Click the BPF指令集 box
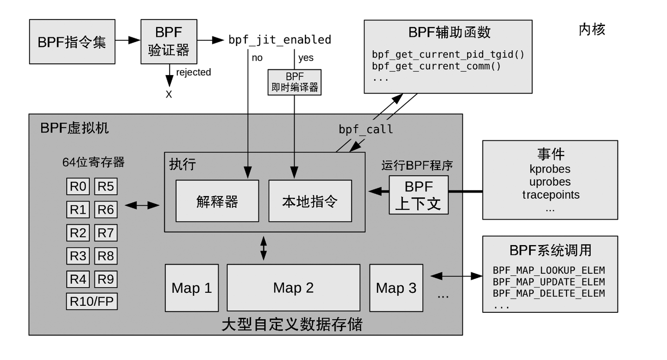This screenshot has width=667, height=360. point(72,42)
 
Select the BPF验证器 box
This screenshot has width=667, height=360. point(169,41)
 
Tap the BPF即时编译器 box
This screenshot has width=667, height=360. point(295,82)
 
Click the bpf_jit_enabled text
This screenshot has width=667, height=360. point(280,40)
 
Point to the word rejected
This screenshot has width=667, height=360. point(193,72)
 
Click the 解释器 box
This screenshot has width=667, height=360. point(217,201)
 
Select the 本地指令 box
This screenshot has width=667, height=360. point(310,201)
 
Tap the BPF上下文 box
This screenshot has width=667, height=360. point(419,195)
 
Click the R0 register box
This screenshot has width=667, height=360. point(78,186)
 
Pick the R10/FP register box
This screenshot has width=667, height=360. point(92,302)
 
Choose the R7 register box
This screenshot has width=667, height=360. point(106,233)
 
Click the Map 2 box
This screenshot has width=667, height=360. point(293,288)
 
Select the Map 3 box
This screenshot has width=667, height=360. point(396,288)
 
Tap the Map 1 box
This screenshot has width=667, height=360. point(192,288)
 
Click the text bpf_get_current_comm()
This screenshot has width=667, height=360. point(436,66)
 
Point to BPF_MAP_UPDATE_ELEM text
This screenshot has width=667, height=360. point(549,282)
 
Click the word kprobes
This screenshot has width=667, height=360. point(550,169)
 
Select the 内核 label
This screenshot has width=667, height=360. point(591,30)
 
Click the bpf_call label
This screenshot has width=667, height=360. point(366,129)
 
